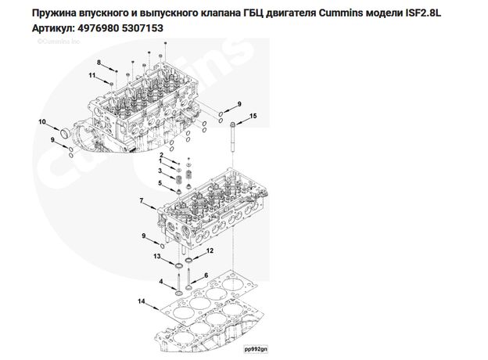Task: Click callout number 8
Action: (99, 62)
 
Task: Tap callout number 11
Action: (91, 75)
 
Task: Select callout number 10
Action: (43, 121)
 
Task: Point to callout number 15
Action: (253, 116)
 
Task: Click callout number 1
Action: (160, 154)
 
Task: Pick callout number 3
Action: (160, 171)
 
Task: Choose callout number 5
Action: (160, 183)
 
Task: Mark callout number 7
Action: (141, 202)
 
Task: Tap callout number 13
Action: (156, 256)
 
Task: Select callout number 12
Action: (210, 250)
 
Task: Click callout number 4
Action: (161, 282)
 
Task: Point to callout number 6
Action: (206, 275)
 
